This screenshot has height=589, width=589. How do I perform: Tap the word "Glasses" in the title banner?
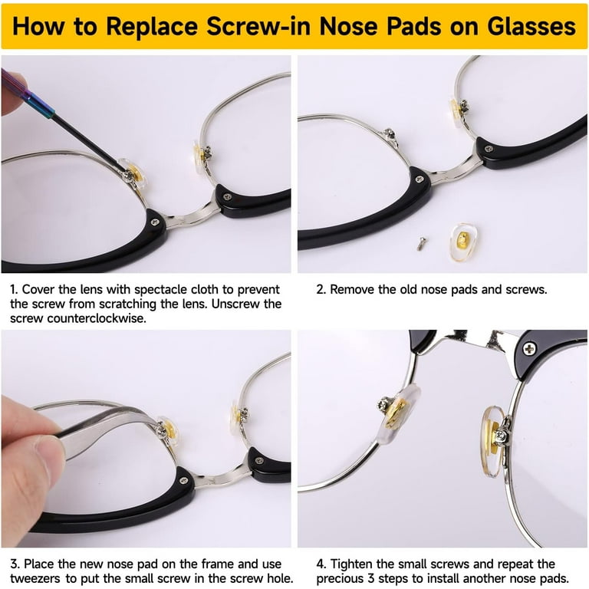pos(531,28)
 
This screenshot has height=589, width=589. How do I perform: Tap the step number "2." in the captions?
pos(321,290)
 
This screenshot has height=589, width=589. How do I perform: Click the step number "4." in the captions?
pos(321,564)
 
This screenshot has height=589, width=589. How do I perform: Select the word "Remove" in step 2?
pos(355,290)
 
